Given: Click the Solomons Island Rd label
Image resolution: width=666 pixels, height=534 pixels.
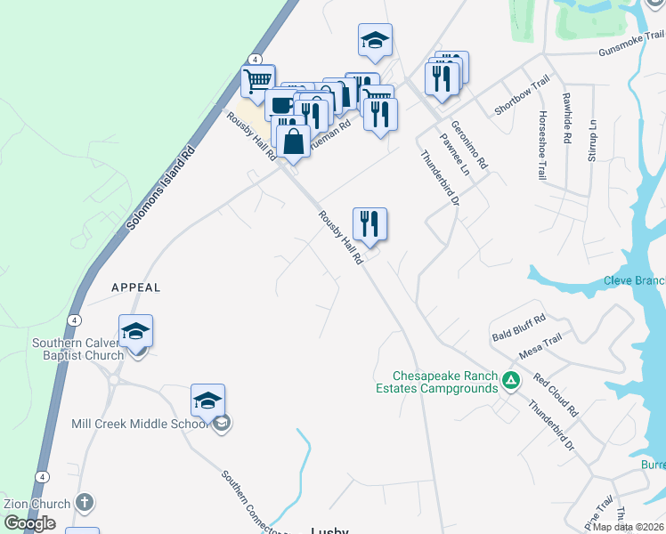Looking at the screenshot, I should [160, 190].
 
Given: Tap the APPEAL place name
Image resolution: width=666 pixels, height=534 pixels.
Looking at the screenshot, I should [136, 287].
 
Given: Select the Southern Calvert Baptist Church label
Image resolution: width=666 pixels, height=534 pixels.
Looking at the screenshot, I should [77, 349].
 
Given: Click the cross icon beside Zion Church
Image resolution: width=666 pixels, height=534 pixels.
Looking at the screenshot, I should [85, 503].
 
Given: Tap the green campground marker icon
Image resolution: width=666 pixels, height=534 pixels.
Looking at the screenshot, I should [510, 381].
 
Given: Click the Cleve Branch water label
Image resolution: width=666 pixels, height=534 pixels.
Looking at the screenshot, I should [634, 281].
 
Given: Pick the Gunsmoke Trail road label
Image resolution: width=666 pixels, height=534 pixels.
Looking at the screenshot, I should [631, 44].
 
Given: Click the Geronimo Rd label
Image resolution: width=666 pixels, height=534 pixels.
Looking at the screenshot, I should [469, 145].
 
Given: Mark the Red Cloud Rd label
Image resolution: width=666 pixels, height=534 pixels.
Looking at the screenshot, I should [556, 395].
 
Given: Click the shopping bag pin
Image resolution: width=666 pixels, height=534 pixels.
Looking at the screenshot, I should [293, 141].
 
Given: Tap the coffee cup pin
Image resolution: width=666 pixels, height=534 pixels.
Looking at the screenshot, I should [282, 105].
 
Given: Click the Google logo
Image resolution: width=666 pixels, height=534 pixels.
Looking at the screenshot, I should [29, 524].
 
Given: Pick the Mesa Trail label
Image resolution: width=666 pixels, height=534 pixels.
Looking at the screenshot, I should [541, 344].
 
